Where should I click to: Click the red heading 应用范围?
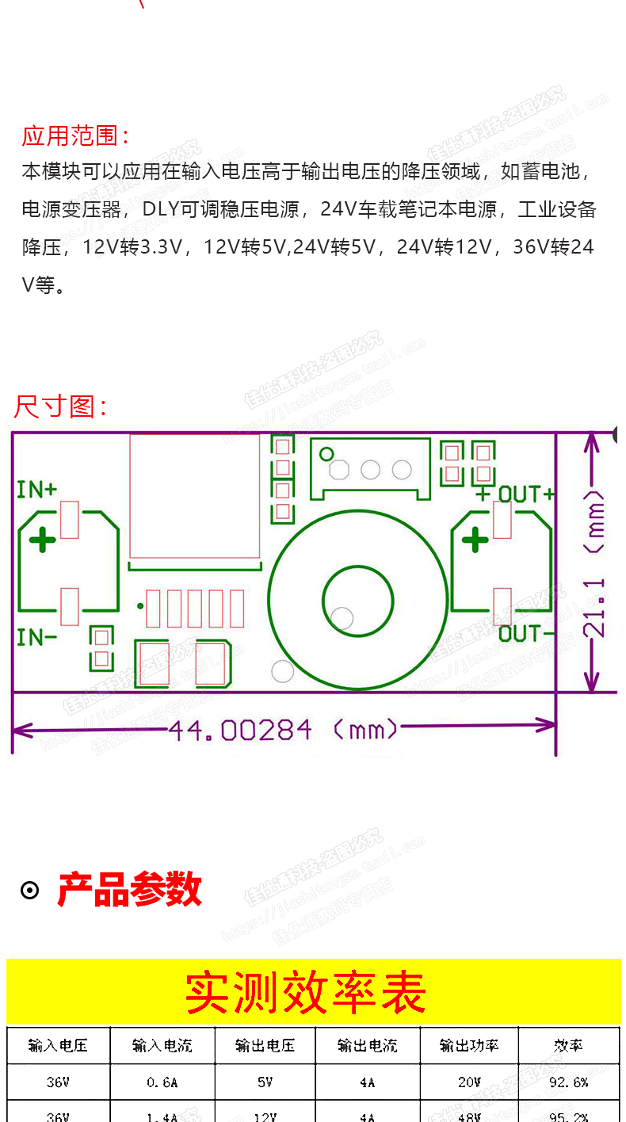(x=75, y=135)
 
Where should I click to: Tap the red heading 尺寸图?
(x=60, y=406)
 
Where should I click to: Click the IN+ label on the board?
(x=37, y=489)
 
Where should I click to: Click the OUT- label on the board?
(x=520, y=634)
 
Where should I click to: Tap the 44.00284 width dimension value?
(x=240, y=730)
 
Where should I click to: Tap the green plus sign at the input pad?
(x=43, y=541)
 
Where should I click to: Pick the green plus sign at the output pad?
(x=475, y=541)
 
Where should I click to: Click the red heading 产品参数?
(x=130, y=890)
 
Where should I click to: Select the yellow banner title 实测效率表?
(x=306, y=992)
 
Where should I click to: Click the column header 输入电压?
(x=58, y=1046)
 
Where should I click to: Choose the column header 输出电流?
(x=367, y=1046)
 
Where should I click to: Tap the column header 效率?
(x=568, y=1046)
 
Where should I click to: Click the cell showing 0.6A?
(x=162, y=1082)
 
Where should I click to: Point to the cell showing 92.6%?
(x=568, y=1082)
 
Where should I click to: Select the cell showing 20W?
(x=469, y=1082)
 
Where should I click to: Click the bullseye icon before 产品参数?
(x=29, y=891)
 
